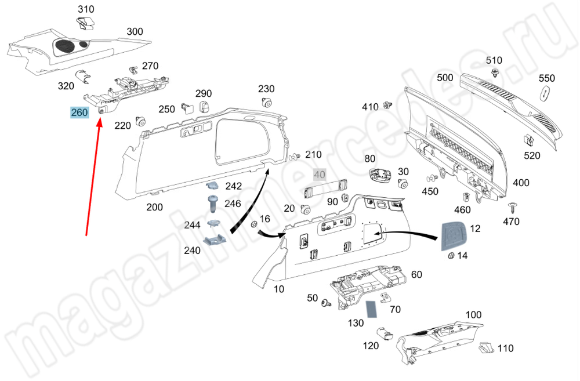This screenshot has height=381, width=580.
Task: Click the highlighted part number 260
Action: click(79, 113)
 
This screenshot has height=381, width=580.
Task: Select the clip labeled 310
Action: click(86, 24)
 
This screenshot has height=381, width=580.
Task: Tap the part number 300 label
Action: click(135, 32)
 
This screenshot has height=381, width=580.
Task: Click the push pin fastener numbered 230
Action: click(267, 103)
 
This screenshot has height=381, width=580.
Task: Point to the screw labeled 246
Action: click(213, 204)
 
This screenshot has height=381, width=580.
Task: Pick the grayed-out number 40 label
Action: click(320, 174)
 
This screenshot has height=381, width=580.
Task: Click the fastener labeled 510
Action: click(495, 73)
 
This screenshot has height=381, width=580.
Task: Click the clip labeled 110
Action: click(485, 348)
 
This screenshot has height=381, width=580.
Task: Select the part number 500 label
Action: click(445, 78)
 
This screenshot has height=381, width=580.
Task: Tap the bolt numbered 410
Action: click(387, 106)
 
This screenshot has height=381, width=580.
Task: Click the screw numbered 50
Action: click(327, 302)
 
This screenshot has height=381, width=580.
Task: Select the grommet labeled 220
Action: click(140, 121)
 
